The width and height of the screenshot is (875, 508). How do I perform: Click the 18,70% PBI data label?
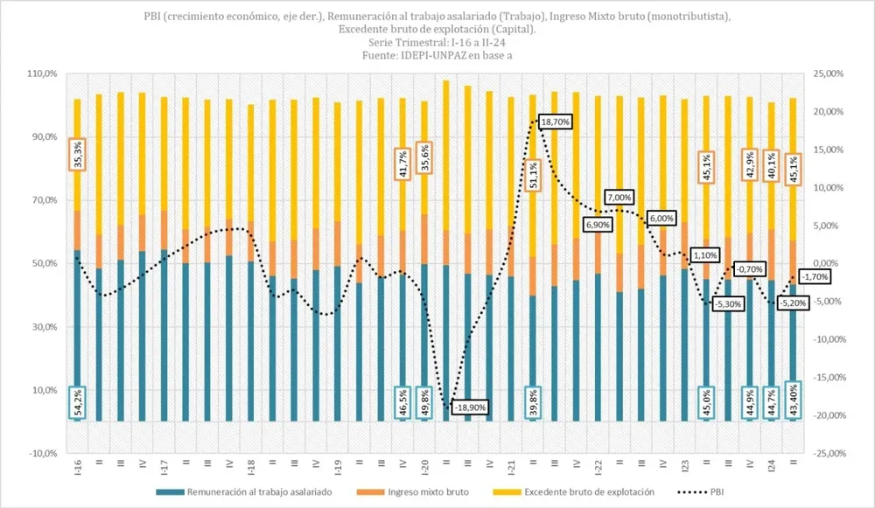click(555, 122)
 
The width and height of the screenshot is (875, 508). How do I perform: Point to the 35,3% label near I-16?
click(77, 154)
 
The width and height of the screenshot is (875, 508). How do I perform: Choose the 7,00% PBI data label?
click(622, 198)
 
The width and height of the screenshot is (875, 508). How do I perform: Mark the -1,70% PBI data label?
click(815, 276)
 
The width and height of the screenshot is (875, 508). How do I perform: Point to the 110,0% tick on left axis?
click(43, 74)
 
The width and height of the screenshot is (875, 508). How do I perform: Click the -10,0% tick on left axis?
click(43, 454)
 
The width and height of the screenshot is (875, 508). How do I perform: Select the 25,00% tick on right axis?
click(830, 74)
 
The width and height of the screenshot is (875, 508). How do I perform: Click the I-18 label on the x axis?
click(250, 466)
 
